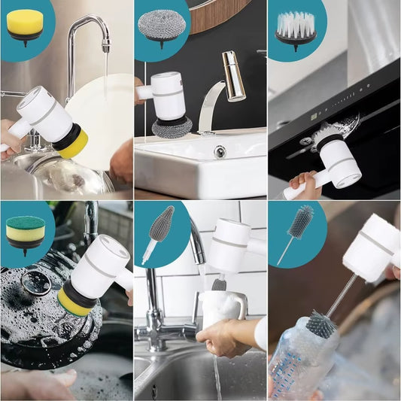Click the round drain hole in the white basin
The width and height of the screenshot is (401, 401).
(219, 151)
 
